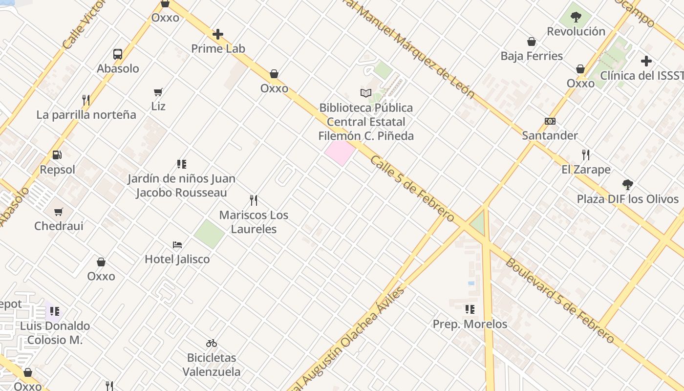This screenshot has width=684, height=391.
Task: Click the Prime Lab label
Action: [218, 49]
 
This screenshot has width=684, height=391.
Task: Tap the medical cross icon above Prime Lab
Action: [218, 34]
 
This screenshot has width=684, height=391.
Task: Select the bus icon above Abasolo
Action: [118, 54]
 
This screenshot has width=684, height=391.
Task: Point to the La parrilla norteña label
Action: [86, 115]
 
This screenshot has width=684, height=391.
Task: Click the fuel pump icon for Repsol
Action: [57, 155]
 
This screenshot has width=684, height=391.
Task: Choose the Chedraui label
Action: [59, 226]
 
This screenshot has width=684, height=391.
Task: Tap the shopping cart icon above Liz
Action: [158, 91]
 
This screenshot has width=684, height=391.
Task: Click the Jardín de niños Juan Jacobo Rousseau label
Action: [182, 186]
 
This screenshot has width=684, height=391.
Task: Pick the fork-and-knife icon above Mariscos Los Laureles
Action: [254, 200]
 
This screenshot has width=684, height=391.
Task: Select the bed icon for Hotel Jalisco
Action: [177, 244]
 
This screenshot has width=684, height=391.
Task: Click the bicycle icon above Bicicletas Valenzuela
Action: [212, 343]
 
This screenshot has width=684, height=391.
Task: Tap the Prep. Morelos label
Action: [470, 324]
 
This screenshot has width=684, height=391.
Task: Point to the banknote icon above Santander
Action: [550, 121]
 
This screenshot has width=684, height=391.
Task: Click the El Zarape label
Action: [586, 170]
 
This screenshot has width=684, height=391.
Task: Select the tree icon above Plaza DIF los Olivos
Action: [628, 185]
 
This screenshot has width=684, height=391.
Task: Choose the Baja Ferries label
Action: [532, 56]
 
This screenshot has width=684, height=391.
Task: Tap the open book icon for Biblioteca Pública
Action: [366, 93]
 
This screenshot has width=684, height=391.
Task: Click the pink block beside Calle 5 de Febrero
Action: [340, 152]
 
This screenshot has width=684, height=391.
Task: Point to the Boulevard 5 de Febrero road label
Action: [559, 300]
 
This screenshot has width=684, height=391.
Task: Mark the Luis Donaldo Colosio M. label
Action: [55, 333]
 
